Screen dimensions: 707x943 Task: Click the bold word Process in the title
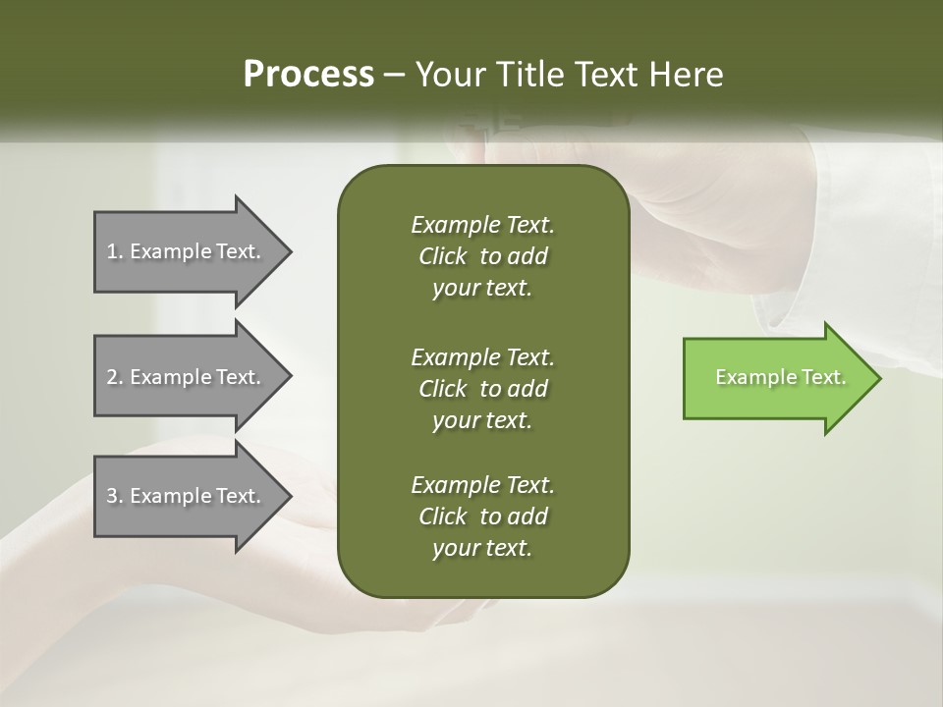308,75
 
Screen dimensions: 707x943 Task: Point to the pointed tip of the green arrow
877,378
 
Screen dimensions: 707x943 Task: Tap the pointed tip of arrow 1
289,251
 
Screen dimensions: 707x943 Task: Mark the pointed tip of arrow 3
289,496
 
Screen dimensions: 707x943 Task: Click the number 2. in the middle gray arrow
115,377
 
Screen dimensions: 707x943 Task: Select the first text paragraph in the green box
482,256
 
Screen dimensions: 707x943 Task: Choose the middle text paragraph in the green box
482,389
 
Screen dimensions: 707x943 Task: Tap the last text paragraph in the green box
482,517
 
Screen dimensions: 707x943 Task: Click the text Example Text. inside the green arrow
780,377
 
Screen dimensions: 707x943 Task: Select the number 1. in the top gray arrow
115,251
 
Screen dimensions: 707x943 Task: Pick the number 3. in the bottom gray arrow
115,496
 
